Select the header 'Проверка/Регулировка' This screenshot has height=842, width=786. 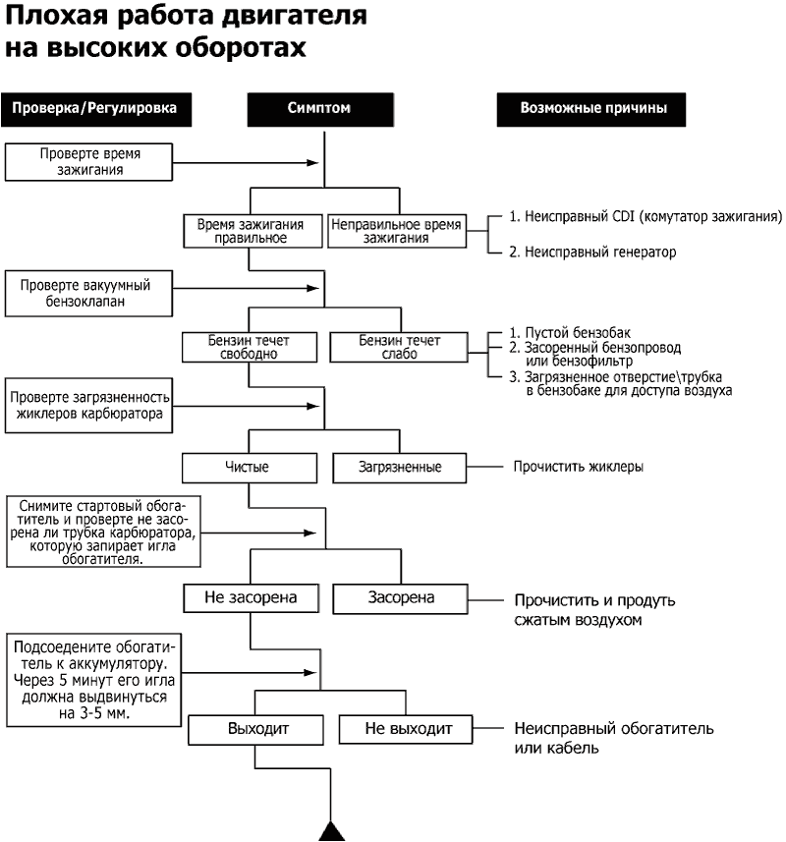tap(94, 109)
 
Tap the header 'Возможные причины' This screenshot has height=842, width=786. tap(593, 109)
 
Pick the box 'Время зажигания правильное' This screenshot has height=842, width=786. tap(250, 231)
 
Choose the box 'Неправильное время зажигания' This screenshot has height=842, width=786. tap(396, 231)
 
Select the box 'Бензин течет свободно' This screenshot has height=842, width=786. tap(250, 347)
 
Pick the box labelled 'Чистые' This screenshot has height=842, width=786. tap(248, 467)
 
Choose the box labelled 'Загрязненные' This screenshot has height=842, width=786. tap(401, 467)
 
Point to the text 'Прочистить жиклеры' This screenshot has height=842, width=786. tap(579, 467)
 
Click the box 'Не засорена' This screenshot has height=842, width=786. tap(252, 596)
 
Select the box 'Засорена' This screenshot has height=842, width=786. tap(401, 596)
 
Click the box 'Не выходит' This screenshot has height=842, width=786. tap(409, 729)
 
